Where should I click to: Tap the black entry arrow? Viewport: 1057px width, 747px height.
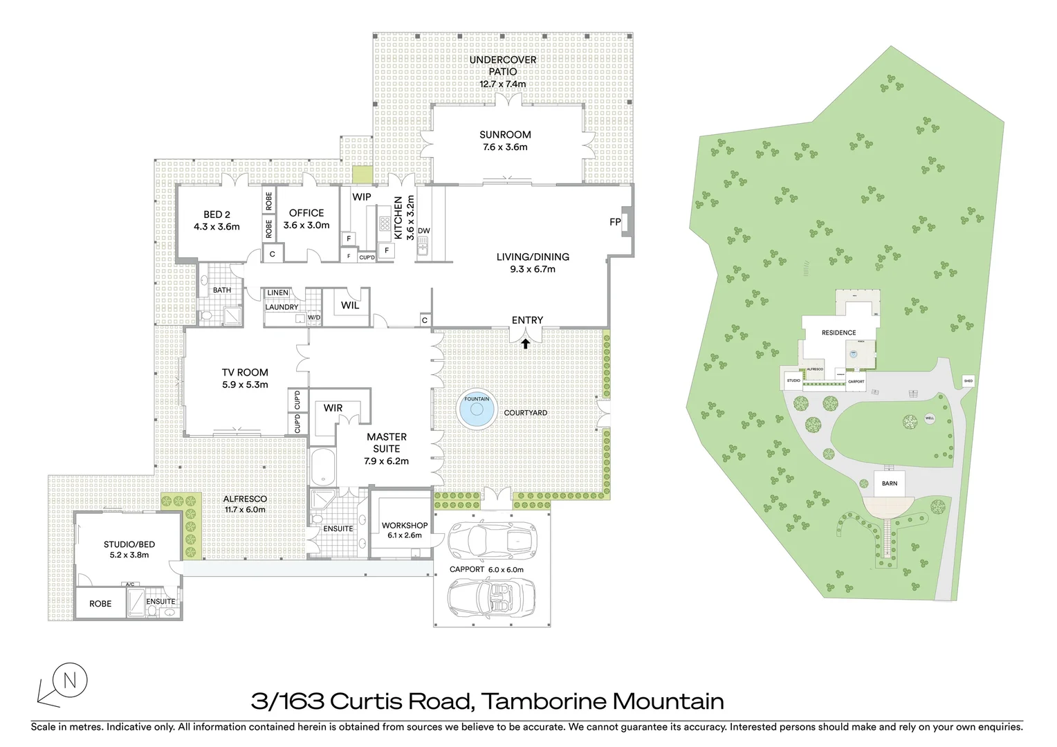coord(526,342)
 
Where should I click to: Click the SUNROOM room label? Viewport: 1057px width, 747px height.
coord(505,135)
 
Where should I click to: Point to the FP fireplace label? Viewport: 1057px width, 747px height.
coord(614,222)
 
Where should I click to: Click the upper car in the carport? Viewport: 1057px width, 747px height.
coord(493,541)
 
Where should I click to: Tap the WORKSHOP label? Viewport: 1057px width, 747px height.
coord(405,526)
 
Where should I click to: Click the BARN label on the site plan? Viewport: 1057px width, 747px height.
coord(890,483)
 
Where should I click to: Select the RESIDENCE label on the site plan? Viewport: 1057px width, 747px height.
coord(838,333)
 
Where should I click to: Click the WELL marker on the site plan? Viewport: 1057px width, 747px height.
coord(930,418)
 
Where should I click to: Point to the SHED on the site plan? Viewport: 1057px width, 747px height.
coord(968,381)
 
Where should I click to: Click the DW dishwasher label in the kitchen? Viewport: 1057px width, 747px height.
coord(424,231)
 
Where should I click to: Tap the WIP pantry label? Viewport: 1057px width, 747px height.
coord(362,197)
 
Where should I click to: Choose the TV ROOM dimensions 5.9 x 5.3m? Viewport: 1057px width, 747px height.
coord(245,385)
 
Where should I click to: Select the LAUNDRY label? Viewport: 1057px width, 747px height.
coord(282,307)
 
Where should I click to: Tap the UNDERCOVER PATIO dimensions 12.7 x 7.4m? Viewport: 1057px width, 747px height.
coord(503,84)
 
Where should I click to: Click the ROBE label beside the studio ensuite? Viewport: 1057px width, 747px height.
coord(100,604)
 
